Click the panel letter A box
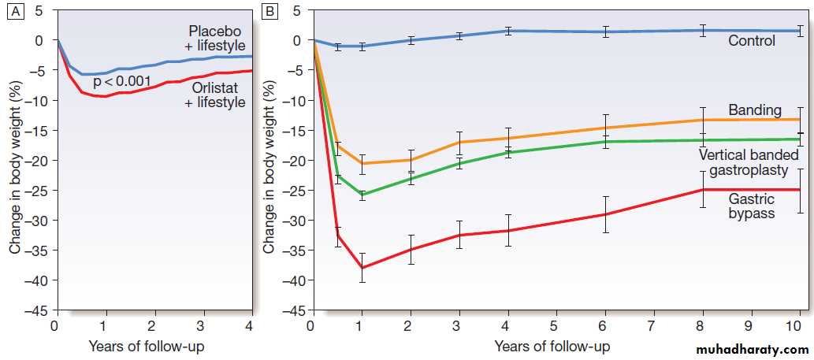[13, 13]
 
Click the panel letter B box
[269, 13]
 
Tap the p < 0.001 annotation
[122, 82]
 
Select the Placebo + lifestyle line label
[215, 38]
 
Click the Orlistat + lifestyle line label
[215, 94]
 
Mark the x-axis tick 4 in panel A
[250, 325]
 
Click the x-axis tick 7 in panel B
[652, 325]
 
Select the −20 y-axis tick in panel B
[291, 160]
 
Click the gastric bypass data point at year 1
[362, 268]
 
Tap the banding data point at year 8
[701, 120]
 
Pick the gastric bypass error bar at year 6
[604, 214]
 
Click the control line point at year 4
[508, 31]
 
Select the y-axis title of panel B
[269, 169]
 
